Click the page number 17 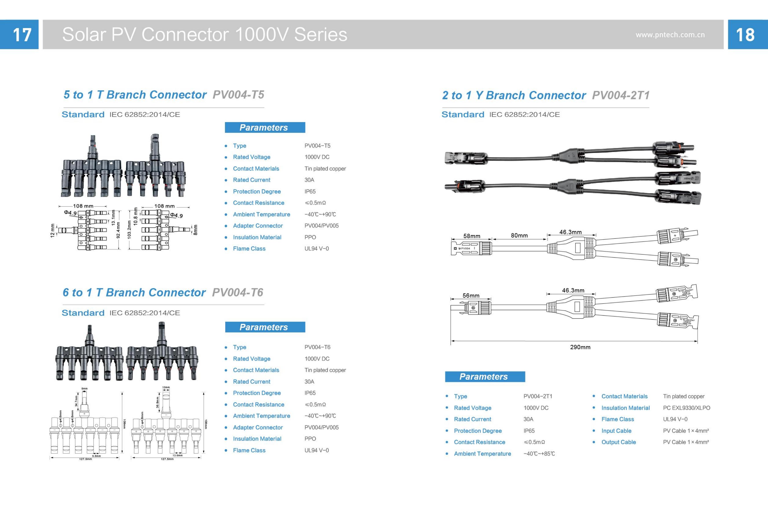(22, 35)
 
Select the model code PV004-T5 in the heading (238, 95)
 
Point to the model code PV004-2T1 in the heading (621, 96)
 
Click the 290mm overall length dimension (580, 347)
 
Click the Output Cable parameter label (618, 442)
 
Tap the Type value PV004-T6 (317, 347)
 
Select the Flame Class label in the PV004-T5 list (249, 249)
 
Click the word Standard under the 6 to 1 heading (83, 313)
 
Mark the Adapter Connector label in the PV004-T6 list (258, 427)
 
